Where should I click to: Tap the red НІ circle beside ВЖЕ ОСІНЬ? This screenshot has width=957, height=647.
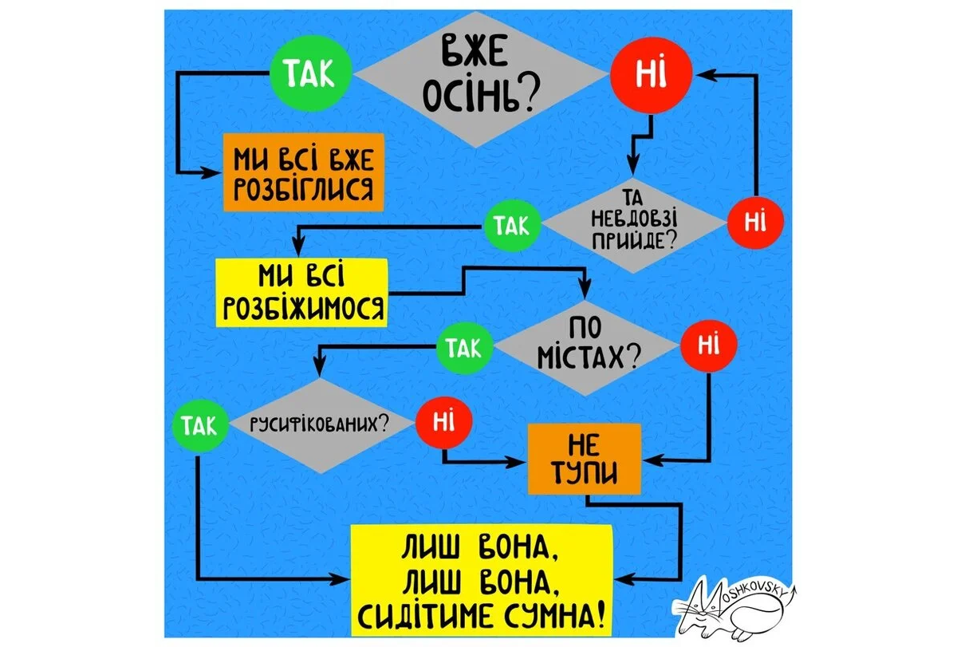652,75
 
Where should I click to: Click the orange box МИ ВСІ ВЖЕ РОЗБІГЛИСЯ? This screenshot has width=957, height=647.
304,172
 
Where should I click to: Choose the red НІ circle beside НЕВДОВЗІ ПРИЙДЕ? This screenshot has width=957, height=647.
755,222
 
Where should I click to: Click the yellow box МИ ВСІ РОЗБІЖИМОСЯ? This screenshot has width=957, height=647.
301,292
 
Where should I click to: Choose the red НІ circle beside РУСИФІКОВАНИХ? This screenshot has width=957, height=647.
443,421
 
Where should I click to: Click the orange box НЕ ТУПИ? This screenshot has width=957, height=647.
585,460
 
